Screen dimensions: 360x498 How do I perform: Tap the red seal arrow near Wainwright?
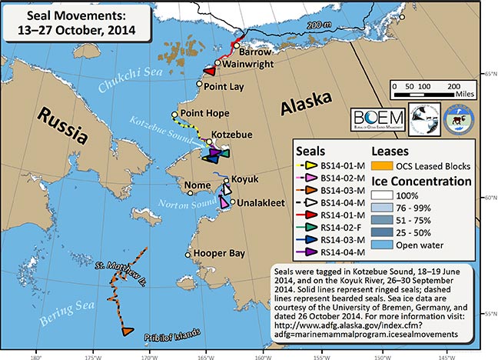click(207, 70)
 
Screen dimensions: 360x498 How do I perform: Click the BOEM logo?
click(376, 117)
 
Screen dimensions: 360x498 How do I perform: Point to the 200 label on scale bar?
click(453, 87)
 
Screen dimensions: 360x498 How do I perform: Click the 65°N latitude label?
click(489, 74)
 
